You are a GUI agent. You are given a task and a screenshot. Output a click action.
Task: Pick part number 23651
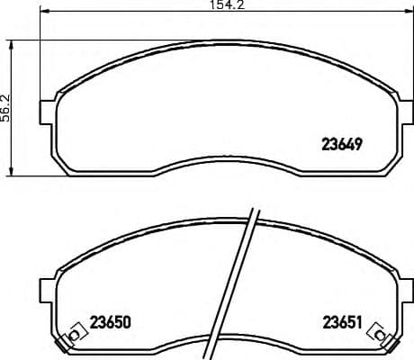pos(342,321)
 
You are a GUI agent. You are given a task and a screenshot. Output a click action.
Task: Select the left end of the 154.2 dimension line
pos(44,13)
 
